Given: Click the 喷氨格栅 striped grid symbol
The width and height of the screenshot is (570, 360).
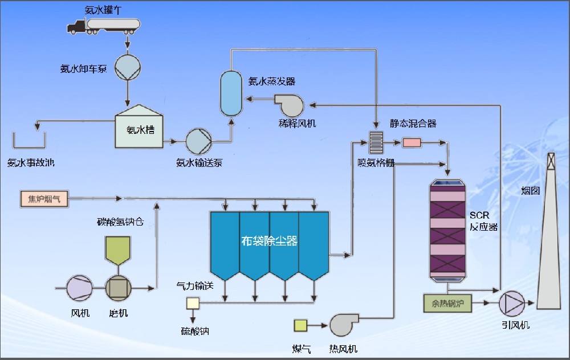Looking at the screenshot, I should click(x=377, y=142).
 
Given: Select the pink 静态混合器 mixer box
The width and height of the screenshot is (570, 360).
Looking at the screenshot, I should click(x=411, y=142).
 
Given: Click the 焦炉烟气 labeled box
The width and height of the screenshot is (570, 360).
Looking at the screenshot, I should click(x=44, y=198).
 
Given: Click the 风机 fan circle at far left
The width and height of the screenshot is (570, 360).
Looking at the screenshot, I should click(x=80, y=288).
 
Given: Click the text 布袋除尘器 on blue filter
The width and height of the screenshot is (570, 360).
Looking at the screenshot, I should click(x=269, y=241).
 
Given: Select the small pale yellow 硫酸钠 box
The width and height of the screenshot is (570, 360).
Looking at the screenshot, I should click(x=192, y=303).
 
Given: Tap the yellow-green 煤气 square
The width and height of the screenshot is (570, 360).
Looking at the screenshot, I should click(x=300, y=325).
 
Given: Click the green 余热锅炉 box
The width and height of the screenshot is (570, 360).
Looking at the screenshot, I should click(x=447, y=303).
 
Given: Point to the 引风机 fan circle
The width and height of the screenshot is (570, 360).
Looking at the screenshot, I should click(x=512, y=304).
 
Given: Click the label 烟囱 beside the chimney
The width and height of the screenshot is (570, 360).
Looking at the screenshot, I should click(x=530, y=191).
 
